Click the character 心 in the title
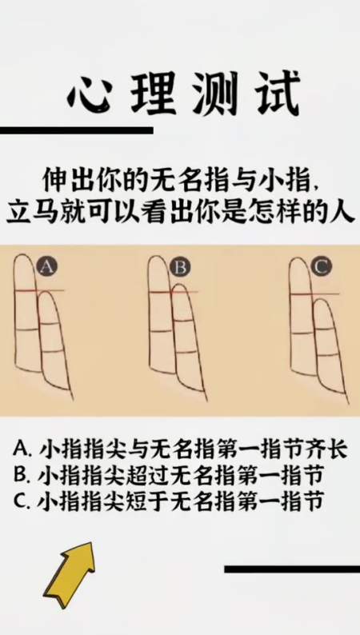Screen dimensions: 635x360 click(x=91, y=98)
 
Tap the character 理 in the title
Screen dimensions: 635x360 click(x=152, y=98)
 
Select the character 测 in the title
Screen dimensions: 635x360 click(x=213, y=98)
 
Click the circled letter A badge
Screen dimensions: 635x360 click(x=48, y=266)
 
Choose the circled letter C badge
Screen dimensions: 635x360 click(x=321, y=266)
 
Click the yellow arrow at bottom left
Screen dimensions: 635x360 click(x=70, y=573)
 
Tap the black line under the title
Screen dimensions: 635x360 click(x=76, y=130)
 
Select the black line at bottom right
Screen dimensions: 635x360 click(x=292, y=569)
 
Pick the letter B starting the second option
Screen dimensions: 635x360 click(x=22, y=476)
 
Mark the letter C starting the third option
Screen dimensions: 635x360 click(x=22, y=502)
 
